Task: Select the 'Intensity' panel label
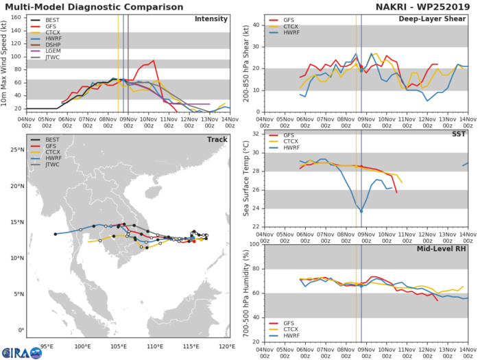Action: [211, 19]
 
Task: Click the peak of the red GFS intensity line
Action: [153, 60]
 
